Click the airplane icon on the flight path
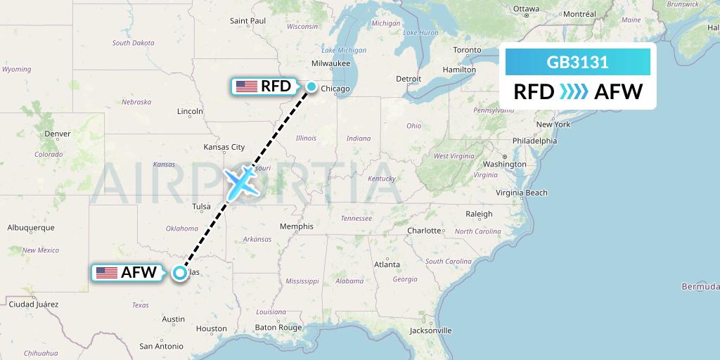[x=240, y=182]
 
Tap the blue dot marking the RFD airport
[x=311, y=86]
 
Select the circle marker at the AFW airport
[x=180, y=273]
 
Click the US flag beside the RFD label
[x=246, y=86]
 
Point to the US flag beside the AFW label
[x=107, y=273]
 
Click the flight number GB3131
[x=577, y=63]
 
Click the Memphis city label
[x=295, y=226]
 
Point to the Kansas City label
[x=224, y=147]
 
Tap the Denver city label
[x=57, y=134]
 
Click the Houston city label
[x=212, y=328]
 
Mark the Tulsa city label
[x=201, y=206]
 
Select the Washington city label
[x=504, y=164]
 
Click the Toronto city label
[x=467, y=50]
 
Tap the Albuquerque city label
[x=30, y=228]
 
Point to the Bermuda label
[x=700, y=286]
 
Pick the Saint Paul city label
[x=248, y=20]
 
